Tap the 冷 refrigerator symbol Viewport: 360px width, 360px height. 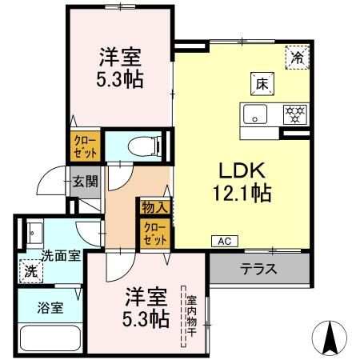pyautogui.click(x=297, y=57)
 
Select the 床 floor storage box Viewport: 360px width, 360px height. pyautogui.click(x=262, y=82)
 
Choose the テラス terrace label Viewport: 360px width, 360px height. pyautogui.click(x=258, y=268)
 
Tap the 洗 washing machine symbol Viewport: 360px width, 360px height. pyautogui.click(x=30, y=270)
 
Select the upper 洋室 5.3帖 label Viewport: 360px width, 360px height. pyautogui.click(x=119, y=69)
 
